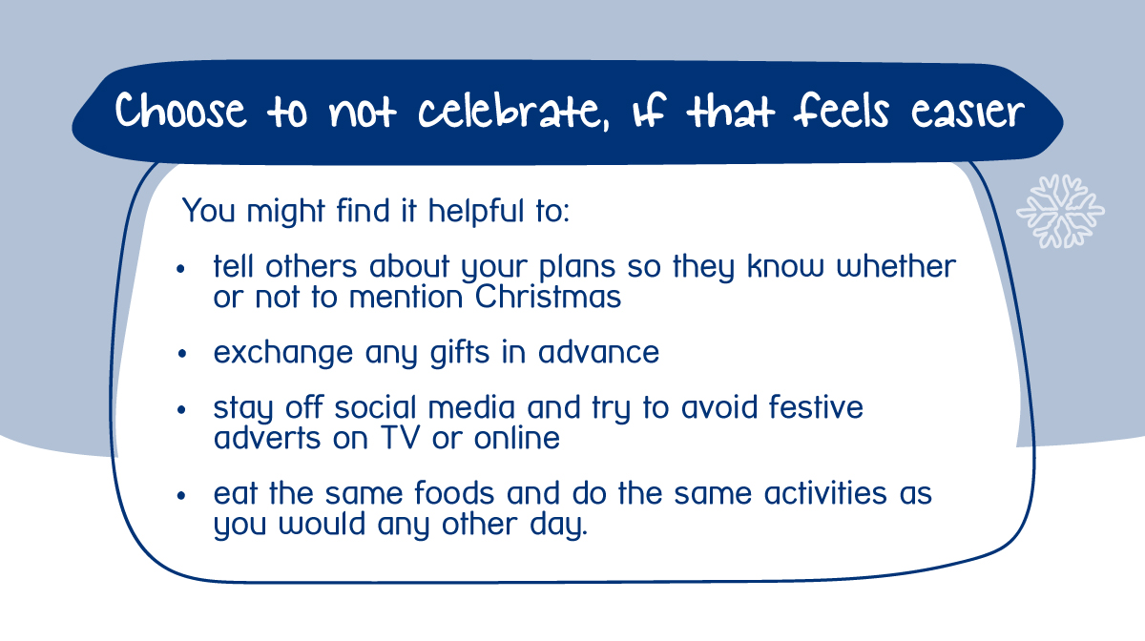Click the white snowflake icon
click(x=1060, y=211)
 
